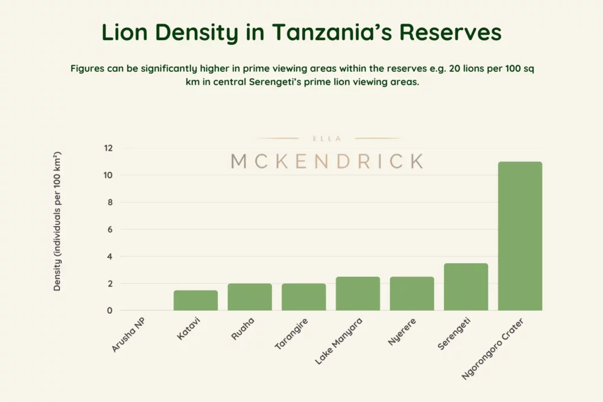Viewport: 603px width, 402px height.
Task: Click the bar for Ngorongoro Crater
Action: (x=520, y=236)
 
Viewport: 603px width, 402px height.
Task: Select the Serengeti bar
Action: (x=466, y=287)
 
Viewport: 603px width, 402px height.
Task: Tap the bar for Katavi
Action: (x=196, y=300)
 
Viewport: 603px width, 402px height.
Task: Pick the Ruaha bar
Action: (x=250, y=297)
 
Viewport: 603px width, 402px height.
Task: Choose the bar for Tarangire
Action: (x=303, y=297)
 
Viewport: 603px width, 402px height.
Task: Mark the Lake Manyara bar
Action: (x=357, y=293)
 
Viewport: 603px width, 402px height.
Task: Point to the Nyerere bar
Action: (x=412, y=293)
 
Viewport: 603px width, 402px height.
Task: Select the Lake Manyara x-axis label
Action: (x=340, y=341)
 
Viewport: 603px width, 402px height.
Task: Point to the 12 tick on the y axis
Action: (x=108, y=148)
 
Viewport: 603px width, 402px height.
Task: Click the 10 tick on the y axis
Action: (x=108, y=175)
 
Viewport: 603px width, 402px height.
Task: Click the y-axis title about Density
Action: (x=58, y=221)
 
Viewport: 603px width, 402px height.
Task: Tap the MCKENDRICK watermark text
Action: (x=327, y=161)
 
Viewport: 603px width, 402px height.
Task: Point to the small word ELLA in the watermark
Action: (x=327, y=139)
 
